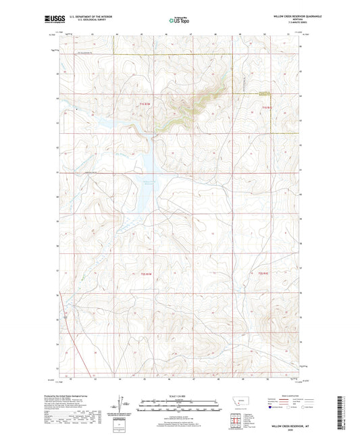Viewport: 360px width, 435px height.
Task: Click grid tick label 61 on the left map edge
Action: pos(57,123)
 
